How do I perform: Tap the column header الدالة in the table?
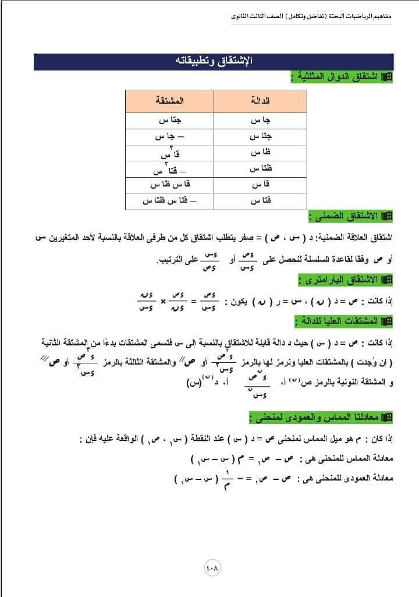click(260, 101)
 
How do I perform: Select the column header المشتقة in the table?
click(170, 101)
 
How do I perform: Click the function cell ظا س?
click(260, 153)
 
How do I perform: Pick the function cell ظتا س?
click(260, 169)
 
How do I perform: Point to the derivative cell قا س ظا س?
click(170, 185)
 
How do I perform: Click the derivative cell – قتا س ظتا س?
click(170, 201)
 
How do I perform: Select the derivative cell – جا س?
click(170, 137)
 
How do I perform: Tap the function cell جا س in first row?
click(260, 121)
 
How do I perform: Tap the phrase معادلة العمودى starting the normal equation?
click(371, 479)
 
